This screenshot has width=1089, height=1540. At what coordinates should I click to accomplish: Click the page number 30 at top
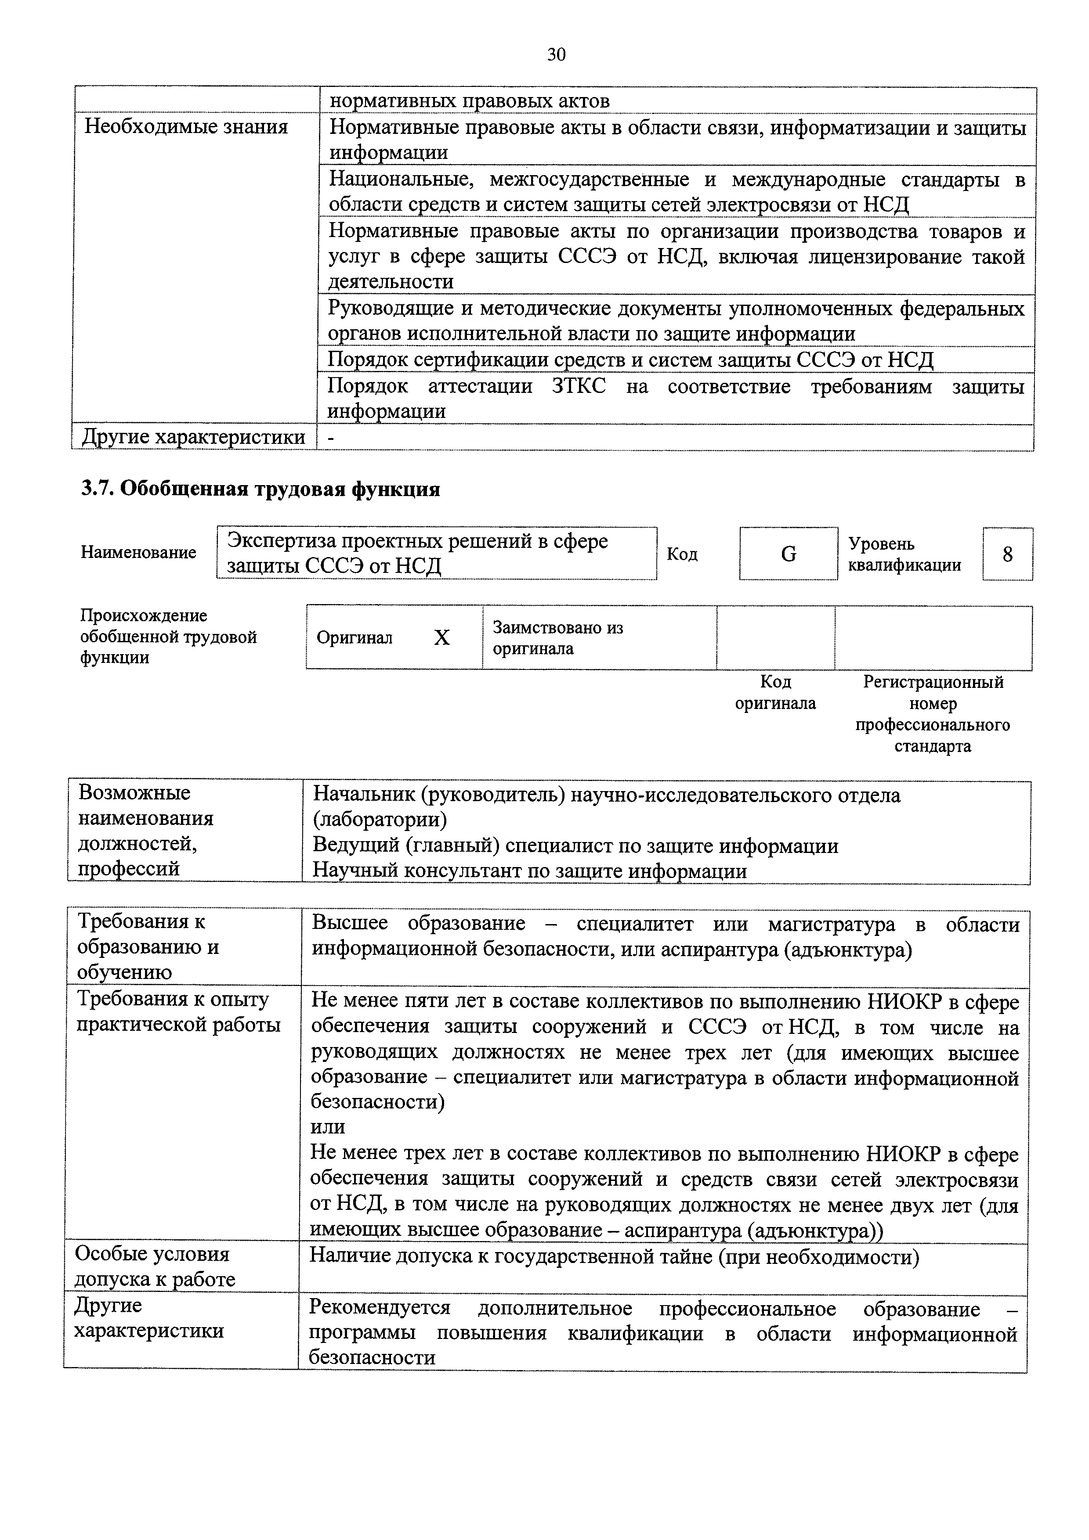pyautogui.click(x=556, y=54)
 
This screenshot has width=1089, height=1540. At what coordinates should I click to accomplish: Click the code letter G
pyautogui.click(x=789, y=554)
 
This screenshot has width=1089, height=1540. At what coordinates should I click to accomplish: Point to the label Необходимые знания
pyautogui.click(x=186, y=127)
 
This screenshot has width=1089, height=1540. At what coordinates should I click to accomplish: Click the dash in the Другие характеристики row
pyautogui.click(x=331, y=437)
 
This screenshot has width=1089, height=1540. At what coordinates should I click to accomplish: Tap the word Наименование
pyautogui.click(x=138, y=553)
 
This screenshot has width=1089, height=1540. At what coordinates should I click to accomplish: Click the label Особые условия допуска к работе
pyautogui.click(x=155, y=1267)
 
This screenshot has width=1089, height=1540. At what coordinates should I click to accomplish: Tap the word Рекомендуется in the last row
pyautogui.click(x=380, y=1309)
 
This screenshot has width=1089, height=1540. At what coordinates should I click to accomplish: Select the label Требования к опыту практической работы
pyautogui.click(x=178, y=1012)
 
